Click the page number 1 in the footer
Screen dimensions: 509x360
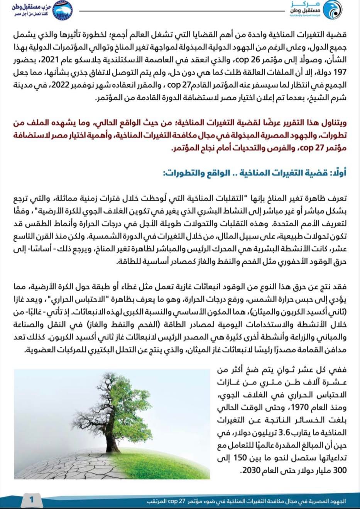[32, 500]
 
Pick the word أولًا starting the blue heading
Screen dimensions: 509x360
[339, 173]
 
